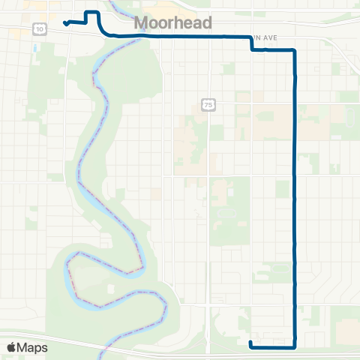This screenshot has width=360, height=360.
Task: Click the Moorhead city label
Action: pyautogui.click(x=172, y=23)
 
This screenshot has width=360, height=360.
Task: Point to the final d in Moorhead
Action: pyautogui.click(x=206, y=23)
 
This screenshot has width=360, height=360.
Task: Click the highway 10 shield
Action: pyautogui.click(x=38, y=28)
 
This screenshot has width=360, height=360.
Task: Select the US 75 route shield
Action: pyautogui.click(x=208, y=105)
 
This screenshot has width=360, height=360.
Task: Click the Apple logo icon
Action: pyautogui.click(x=12, y=347)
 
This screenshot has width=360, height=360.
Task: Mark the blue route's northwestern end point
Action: pyautogui.click(x=66, y=23)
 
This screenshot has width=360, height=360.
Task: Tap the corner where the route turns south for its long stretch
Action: pyautogui.click(x=295, y=50)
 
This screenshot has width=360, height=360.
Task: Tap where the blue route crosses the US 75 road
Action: pyautogui.click(x=208, y=36)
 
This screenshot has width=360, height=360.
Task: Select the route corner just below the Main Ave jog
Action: pyautogui.click(x=252, y=50)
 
